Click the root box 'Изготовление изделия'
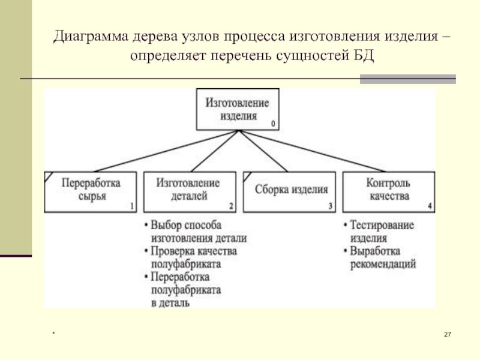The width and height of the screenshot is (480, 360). [238, 109]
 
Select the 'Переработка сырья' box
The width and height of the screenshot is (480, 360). [91, 192]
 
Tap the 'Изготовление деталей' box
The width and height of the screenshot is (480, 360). [190, 192]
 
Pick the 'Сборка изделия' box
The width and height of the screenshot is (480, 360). [289, 192]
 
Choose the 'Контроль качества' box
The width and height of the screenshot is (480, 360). [388, 192]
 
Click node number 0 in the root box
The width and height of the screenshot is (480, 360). [273, 124]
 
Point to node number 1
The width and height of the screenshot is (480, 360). [132, 206]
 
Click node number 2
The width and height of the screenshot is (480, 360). [231, 206]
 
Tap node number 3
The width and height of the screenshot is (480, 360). [331, 206]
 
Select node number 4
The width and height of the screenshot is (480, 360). [430, 206]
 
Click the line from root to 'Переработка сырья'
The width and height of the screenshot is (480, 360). [166, 151]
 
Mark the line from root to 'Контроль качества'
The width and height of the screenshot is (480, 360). [311, 151]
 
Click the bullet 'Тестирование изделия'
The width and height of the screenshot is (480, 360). [379, 232]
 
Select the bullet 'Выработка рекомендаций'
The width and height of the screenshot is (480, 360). [380, 257]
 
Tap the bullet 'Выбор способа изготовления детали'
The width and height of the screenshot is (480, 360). [196, 232]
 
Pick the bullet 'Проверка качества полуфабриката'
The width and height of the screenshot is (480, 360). [191, 257]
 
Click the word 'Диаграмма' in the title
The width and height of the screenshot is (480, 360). [91, 37]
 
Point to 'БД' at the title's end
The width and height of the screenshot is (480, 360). [364, 56]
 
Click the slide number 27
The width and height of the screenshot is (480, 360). [448, 334]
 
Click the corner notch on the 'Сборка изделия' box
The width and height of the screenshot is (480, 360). [247, 176]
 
